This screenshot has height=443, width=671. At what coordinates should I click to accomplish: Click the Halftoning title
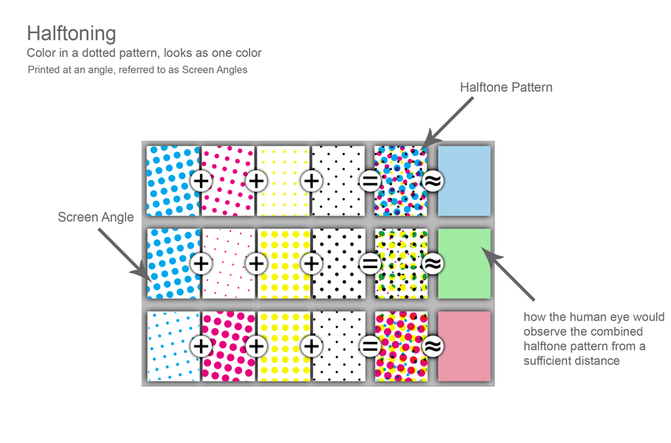[x=72, y=34]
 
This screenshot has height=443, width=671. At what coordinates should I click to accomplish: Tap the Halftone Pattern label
[x=506, y=87]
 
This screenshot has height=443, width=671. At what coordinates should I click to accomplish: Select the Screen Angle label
[x=96, y=217]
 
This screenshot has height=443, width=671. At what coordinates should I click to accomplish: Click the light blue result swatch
[x=464, y=181]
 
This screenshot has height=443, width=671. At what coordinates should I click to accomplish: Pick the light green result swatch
[x=464, y=264]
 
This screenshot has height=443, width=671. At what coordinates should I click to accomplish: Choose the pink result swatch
[x=464, y=346]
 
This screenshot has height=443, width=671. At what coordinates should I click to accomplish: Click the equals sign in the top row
[x=370, y=181]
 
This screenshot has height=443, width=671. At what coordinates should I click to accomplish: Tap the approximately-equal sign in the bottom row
[x=433, y=346]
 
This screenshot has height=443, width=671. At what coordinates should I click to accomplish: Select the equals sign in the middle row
[x=370, y=264]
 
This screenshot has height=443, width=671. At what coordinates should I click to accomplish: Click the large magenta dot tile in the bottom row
[x=228, y=346]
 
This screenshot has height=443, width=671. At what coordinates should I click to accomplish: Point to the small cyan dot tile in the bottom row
[x=173, y=346]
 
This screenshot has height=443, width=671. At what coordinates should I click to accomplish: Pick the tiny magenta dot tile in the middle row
[x=228, y=264]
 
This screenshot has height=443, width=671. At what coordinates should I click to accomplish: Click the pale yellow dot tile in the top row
[x=283, y=181]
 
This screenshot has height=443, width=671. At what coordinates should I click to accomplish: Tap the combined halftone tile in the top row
[x=401, y=181]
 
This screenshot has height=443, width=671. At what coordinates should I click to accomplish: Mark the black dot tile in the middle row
[x=339, y=264]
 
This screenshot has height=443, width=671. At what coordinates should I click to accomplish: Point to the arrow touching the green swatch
[x=508, y=274]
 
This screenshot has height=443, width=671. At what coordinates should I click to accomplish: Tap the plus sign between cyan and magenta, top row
[x=201, y=181]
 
